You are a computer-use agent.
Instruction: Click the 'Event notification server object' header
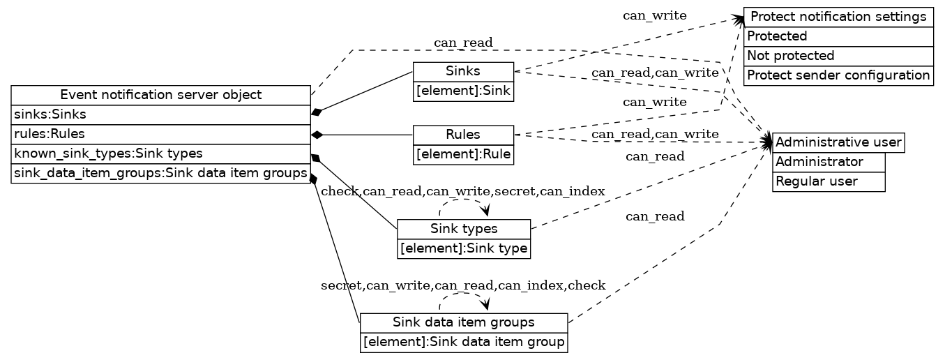coord(160,95)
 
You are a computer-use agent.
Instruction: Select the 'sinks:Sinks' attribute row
coord(160,114)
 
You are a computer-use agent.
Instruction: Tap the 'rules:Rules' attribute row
coord(160,134)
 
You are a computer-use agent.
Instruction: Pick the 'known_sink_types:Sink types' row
coord(160,153)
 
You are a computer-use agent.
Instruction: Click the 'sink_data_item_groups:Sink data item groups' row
coord(160,173)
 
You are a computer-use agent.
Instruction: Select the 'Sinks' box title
coord(463,71)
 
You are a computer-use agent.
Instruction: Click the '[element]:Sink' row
coord(463,91)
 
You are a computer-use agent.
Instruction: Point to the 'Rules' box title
coord(463,135)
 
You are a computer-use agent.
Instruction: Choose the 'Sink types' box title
coord(464,229)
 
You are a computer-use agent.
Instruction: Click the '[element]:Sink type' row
coord(464,248)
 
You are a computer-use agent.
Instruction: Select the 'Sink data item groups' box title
coord(464,322)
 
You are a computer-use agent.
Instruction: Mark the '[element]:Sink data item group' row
coord(464,343)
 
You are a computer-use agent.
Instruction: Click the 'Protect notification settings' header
coord(838,17)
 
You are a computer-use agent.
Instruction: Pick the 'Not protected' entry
coord(838,56)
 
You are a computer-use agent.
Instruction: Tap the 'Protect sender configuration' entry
coord(838,75)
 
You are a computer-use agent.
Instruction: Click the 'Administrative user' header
coord(838,143)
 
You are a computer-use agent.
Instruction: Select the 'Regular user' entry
coord(829,181)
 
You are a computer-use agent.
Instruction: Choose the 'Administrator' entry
coord(829,163)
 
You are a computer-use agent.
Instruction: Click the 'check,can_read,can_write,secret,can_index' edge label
coord(462,191)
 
